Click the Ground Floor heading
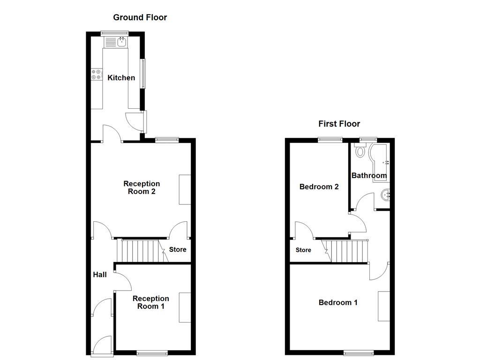(x=140, y=18)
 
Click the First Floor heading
(x=339, y=124)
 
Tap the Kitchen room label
(x=121, y=78)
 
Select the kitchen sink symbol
(x=122, y=43)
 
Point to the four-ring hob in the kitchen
(x=97, y=75)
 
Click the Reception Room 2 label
(x=142, y=187)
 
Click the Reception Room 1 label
(x=150, y=302)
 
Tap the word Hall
(x=99, y=275)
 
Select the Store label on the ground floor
(x=178, y=249)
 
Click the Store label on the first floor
(x=303, y=250)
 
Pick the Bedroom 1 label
(x=338, y=303)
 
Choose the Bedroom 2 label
(x=319, y=187)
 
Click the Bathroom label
(x=369, y=176)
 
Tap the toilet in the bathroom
(x=360, y=151)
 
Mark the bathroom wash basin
(x=386, y=194)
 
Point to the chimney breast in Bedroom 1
(x=384, y=306)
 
